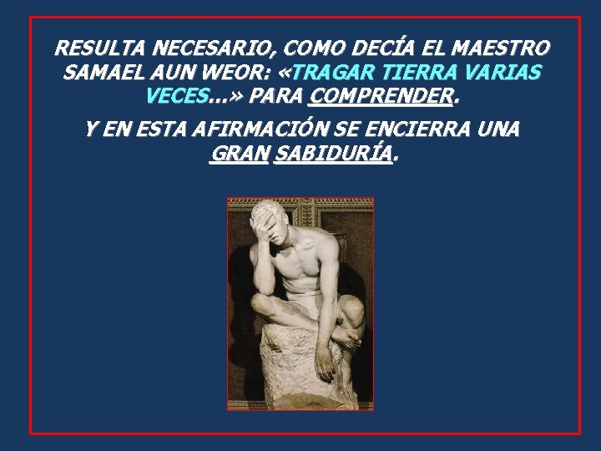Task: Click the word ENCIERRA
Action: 430,130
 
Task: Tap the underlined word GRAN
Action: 240,155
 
